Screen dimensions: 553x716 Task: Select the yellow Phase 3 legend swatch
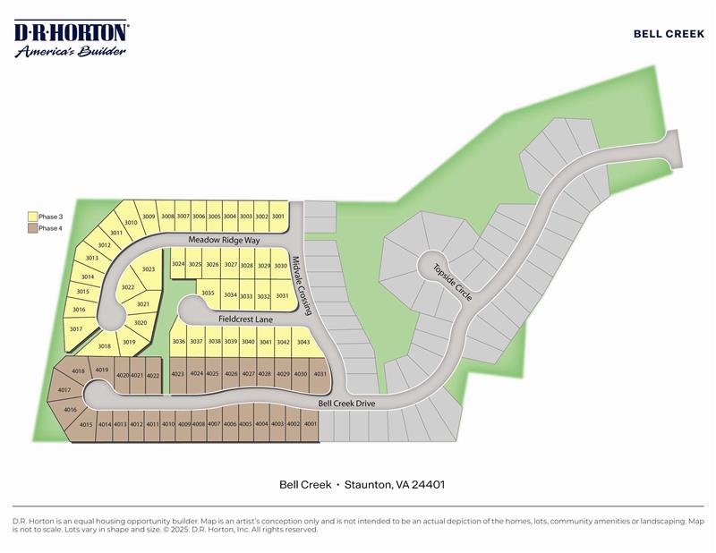point(32,217)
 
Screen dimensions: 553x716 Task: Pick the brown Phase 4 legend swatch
point(32,228)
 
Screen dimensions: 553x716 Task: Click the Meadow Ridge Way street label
point(223,241)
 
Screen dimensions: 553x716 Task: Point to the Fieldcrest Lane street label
point(244,319)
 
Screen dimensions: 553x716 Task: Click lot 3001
point(277,217)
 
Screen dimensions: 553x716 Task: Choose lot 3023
point(149,269)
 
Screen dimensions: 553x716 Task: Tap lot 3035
point(208,294)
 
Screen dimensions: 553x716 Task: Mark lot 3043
point(303,342)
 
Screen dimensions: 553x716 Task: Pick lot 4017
point(64,391)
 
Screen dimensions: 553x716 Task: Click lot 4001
point(311,424)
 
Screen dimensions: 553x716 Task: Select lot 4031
point(320,374)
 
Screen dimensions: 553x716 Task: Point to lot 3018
point(105,345)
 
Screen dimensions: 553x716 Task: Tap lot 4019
point(101,370)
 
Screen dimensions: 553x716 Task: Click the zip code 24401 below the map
point(428,484)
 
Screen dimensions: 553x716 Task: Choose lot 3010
point(130,223)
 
